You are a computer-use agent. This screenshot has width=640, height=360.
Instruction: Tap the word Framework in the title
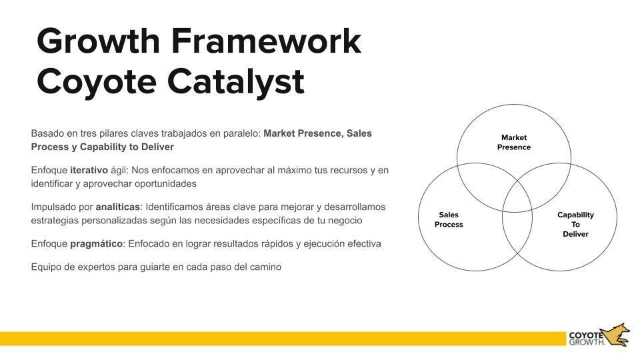click(x=267, y=41)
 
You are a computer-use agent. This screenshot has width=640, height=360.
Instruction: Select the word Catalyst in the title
click(x=236, y=81)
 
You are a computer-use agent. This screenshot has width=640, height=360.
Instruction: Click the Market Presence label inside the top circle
click(x=513, y=143)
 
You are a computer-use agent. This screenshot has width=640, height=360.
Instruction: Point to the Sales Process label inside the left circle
click(x=449, y=220)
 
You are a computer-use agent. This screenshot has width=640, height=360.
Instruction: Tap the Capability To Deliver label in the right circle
click(x=575, y=225)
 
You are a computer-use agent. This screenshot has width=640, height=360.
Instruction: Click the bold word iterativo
click(x=89, y=170)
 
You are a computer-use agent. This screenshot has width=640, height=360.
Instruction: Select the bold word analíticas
click(x=117, y=207)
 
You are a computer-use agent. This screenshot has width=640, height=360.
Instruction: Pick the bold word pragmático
click(x=96, y=243)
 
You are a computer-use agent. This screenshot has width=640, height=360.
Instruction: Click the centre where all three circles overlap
click(x=514, y=193)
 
